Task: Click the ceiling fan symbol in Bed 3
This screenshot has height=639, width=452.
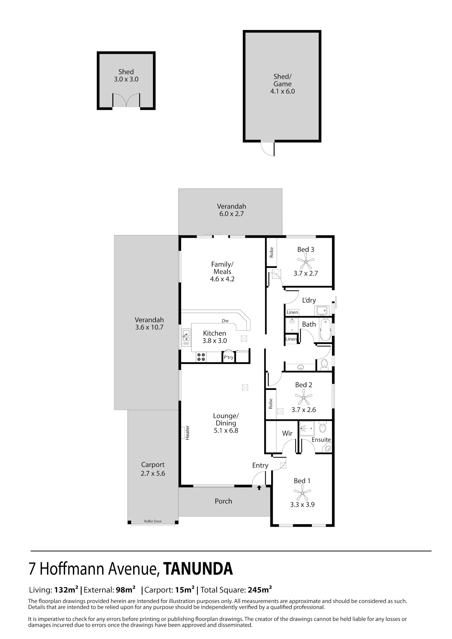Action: [x=306, y=261]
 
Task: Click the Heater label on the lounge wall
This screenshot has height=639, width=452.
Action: [x=187, y=433]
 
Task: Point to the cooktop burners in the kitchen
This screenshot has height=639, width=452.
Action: [x=201, y=357]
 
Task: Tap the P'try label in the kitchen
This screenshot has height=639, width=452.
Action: [x=229, y=357]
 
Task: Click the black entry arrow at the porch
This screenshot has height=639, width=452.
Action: [x=259, y=487]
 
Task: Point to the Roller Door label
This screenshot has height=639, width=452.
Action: [x=153, y=521]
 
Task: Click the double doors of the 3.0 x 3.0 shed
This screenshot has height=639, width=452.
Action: [x=126, y=100]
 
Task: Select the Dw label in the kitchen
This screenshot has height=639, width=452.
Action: [x=225, y=321]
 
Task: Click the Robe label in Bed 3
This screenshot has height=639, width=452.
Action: [x=272, y=252]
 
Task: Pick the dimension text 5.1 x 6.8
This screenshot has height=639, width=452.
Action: [x=226, y=431]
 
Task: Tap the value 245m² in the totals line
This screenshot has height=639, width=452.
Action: [x=260, y=590]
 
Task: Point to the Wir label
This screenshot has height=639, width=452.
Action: [x=287, y=433]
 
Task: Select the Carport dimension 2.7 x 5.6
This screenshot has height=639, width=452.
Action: [x=153, y=473]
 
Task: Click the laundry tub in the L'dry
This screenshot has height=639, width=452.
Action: [x=322, y=310]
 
